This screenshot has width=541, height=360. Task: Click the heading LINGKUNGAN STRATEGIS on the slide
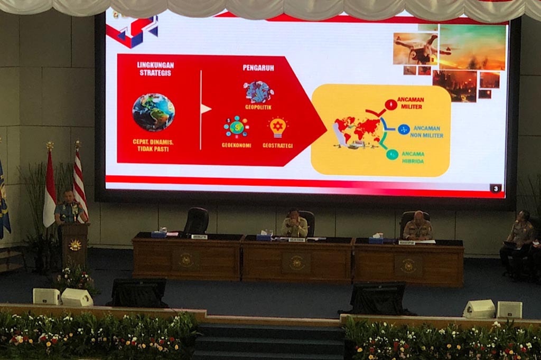click(x=155, y=69)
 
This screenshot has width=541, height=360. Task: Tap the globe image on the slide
click(x=153, y=112)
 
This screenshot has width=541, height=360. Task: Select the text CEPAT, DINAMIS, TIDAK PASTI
click(x=154, y=145)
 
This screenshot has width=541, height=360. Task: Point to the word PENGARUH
click(x=258, y=68)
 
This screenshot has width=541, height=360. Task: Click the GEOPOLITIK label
click(x=258, y=107)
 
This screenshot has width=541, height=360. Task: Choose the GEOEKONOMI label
click(x=236, y=145)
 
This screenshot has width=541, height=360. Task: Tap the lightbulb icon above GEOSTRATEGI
click(x=278, y=127)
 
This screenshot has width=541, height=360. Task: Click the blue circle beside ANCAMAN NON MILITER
click(x=404, y=129)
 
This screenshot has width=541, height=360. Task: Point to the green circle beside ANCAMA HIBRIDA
click(x=392, y=154)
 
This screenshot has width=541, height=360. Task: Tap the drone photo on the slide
click(x=416, y=49)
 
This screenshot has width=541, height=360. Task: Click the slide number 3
click(x=495, y=188)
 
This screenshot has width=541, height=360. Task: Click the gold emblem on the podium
click(x=75, y=245)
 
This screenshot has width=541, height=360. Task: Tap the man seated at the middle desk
click(x=295, y=224)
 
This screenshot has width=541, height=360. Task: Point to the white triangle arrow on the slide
click(x=206, y=109)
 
